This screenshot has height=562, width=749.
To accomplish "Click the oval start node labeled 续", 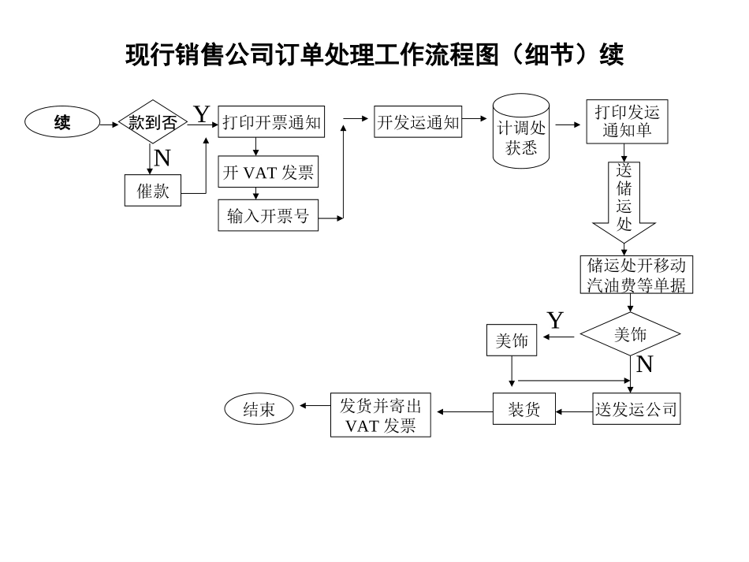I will (62, 122).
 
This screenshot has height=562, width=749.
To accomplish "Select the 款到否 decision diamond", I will (152, 122).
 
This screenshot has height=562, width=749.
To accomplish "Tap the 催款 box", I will (153, 190).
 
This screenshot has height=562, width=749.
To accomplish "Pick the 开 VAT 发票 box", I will (268, 173).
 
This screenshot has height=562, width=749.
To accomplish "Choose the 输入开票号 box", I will (268, 216).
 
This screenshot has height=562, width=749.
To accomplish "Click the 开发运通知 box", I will (418, 122).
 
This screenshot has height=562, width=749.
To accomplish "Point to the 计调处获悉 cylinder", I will (521, 131).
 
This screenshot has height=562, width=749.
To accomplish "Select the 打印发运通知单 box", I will (628, 121).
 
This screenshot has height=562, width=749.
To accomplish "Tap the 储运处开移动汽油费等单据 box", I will (636, 274).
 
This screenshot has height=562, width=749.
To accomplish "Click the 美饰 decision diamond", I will (631, 335).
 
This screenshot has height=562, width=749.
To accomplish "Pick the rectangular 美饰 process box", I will (512, 341).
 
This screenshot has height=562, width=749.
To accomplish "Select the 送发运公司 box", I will (635, 409).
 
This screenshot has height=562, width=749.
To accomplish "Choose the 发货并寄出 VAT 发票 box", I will (380, 415).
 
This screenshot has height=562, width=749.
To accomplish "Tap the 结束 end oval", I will (259, 409).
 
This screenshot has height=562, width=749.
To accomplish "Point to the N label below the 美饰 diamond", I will (644, 364).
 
